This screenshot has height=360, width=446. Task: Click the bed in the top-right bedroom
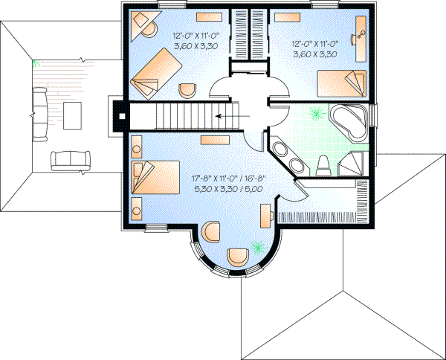342,83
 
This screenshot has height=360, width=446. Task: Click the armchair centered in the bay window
239,255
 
